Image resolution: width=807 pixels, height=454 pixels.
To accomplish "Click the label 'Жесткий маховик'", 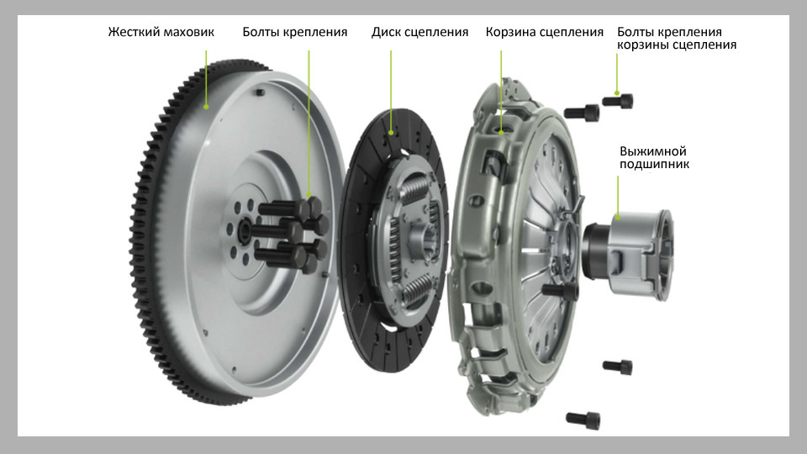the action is coord(161,32).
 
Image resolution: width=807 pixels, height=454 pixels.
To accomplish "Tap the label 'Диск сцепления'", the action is coord(420,32).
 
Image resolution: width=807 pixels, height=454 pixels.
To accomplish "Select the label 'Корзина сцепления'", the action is coord(545,32).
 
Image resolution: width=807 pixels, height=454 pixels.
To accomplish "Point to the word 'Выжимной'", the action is coord(652,151).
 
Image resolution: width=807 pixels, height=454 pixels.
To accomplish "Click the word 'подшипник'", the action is coord(654,164).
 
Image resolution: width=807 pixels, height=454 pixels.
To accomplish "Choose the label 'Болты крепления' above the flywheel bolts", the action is coord(295,32).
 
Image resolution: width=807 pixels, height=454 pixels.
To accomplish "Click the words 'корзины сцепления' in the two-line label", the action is coord(677,45).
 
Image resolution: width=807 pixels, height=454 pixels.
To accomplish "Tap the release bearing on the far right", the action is coord(628,254).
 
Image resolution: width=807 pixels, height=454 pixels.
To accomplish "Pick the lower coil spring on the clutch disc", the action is coord(418,292).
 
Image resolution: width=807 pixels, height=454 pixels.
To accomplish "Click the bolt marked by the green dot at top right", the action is coord(618,101).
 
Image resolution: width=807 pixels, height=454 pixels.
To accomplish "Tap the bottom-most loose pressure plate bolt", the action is coord(583,420).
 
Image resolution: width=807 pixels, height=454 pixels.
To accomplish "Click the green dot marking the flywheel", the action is coord(206,107).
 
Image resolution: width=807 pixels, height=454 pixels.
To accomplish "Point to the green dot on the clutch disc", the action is coord(391,133).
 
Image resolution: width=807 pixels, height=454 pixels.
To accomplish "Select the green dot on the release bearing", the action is coord(618,217).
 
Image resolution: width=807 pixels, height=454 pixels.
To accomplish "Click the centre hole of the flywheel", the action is coord(244,230).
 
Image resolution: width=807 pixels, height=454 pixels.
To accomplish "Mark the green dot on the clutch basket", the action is coord(501,132).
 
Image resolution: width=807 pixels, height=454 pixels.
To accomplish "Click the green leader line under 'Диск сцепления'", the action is coord(391,91).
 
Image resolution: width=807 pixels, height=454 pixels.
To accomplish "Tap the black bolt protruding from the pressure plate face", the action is coord(560,291).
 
